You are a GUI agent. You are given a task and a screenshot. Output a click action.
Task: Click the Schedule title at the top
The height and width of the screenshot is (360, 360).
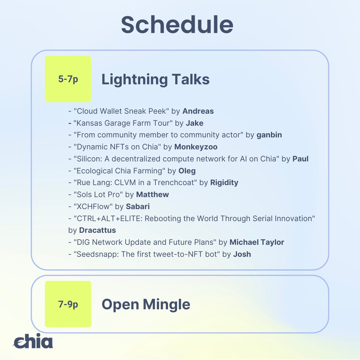[177, 25]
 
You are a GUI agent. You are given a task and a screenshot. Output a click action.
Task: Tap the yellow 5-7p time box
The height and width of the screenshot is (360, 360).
[68, 79]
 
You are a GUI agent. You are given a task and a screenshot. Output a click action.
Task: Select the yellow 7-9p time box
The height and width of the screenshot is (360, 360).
[68, 304]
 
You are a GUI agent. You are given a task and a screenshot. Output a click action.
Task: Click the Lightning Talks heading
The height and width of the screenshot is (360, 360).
[155, 79]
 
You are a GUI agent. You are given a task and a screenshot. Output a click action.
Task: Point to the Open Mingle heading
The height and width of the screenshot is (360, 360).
[146, 304]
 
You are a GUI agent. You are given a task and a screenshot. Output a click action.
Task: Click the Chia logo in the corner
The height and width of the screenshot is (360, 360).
[33, 342]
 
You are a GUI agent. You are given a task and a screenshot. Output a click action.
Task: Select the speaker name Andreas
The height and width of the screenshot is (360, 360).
[198, 111]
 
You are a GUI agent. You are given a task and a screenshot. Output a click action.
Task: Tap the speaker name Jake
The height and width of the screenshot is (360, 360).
[194, 123]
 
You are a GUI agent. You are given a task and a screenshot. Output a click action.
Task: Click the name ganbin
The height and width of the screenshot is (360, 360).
[269, 135]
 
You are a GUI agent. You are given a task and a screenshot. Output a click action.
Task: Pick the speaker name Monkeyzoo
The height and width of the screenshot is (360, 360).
[196, 147]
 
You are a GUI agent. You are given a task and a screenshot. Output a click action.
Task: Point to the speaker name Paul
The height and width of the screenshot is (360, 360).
[300, 159]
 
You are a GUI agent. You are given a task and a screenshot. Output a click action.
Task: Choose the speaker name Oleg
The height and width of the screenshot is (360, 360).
[187, 171]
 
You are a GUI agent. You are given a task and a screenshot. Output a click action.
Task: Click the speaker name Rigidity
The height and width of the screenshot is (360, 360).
[224, 182]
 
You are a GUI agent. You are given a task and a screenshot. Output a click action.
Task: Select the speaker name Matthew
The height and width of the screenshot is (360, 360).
[152, 194]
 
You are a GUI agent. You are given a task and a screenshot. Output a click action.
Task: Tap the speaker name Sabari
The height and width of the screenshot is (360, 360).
[138, 206]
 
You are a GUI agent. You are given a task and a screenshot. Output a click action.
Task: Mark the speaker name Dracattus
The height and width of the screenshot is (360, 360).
[97, 230]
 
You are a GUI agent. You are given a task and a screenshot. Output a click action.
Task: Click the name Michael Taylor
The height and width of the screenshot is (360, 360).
[257, 242]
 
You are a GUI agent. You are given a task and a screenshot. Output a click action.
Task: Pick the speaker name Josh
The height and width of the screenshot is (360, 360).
[242, 254]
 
